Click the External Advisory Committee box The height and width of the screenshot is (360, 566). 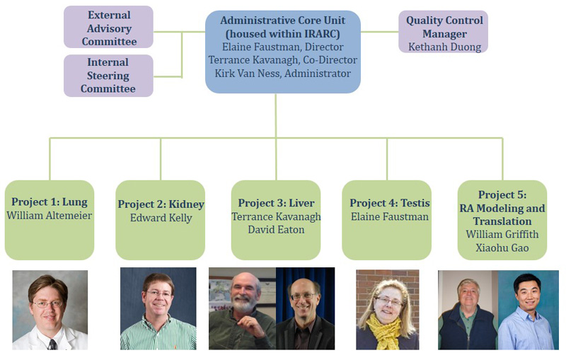tap(108, 27)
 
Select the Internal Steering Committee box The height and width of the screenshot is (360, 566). tap(108, 76)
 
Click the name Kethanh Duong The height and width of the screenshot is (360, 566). tap(443, 47)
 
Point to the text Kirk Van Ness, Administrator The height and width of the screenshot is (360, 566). tap(283, 74)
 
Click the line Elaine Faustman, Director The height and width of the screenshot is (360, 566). tap(283, 47)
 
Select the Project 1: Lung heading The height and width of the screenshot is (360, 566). tap(50, 202)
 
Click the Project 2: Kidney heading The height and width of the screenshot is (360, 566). tap(161, 204)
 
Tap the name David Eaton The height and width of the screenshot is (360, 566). tap(276, 231)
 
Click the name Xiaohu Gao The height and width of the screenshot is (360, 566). tap(502, 248)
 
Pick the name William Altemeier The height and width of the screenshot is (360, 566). tap(50, 216)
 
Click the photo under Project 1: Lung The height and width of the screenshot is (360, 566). tap(50, 310)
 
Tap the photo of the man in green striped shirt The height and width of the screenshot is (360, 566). tap(158, 310)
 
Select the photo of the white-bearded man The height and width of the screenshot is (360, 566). tap(242, 310)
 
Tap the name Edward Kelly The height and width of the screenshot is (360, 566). tap(161, 218)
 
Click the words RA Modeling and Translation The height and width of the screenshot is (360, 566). tap(502, 215)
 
